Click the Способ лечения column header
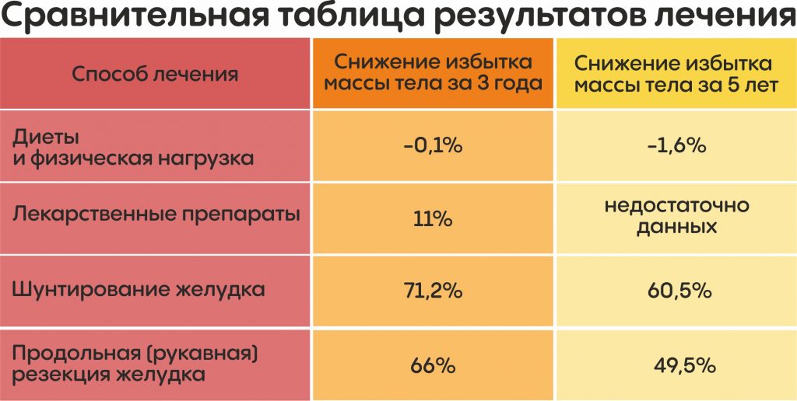tap(155, 75)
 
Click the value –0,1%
tap(433, 146)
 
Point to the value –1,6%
tap(676, 146)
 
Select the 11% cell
tap(433, 218)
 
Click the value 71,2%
tap(433, 291)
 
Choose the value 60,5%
tap(676, 291)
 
